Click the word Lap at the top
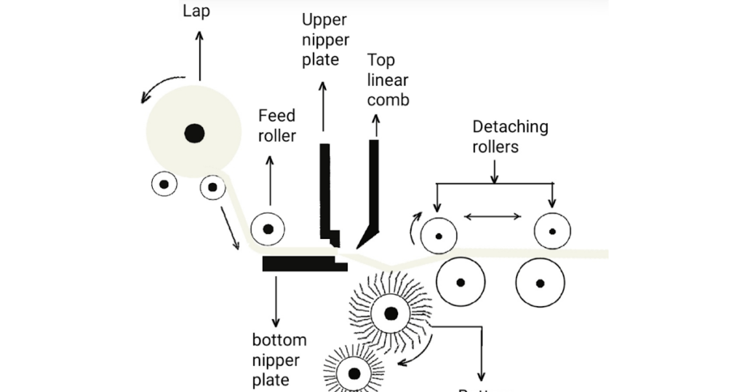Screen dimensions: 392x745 [196, 12]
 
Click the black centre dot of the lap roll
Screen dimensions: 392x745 [194, 133]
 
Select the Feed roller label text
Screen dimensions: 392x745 [277, 125]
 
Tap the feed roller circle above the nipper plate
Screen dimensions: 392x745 [268, 230]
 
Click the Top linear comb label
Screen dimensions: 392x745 [388, 79]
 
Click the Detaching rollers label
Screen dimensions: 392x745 [510, 136]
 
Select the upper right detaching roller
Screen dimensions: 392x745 [552, 232]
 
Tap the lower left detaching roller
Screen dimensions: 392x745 [461, 282]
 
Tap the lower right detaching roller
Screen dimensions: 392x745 [540, 282]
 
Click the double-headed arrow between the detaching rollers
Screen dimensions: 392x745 [494, 216]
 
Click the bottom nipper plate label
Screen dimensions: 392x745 [279, 359]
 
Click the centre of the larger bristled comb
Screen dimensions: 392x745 [391, 314]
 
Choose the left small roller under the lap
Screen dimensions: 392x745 [164, 184]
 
